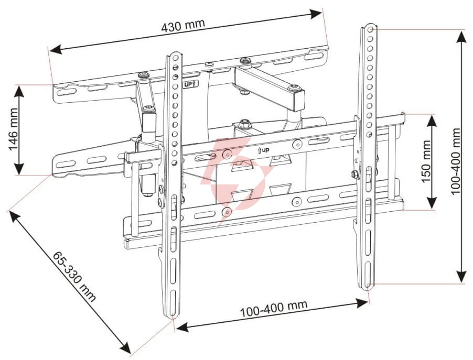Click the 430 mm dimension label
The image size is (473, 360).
pos(183,25)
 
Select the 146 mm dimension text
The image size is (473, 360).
pos(13,129)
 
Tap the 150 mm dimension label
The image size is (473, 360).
pos(426,161)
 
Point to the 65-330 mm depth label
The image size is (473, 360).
pos(74,276)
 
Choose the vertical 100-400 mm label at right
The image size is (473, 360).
pos(455,161)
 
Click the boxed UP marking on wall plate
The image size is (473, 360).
pos(190,84)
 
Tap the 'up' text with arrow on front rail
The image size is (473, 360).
pos(263,150)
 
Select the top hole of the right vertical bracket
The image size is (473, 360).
pos(371,29)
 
